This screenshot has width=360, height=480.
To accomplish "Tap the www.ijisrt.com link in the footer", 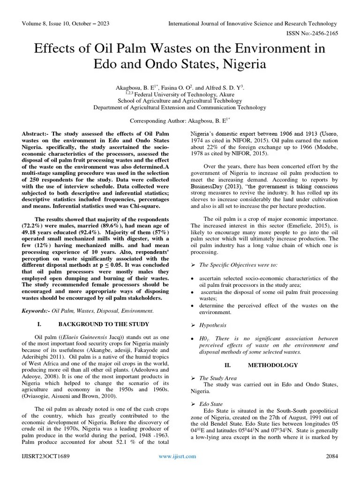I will coord(178,470).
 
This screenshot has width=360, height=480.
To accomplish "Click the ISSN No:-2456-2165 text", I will coord(312,34).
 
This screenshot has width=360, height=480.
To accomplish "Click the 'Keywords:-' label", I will coord(36,310).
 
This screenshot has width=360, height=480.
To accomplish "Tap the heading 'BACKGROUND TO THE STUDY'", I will coord(104,324).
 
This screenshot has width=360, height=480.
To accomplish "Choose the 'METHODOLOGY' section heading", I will coord(272,365).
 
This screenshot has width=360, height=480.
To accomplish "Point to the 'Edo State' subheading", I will coord(212,403).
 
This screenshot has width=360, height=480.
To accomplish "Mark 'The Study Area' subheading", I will coord(218,378).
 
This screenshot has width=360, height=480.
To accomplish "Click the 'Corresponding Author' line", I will coord(180,120).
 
